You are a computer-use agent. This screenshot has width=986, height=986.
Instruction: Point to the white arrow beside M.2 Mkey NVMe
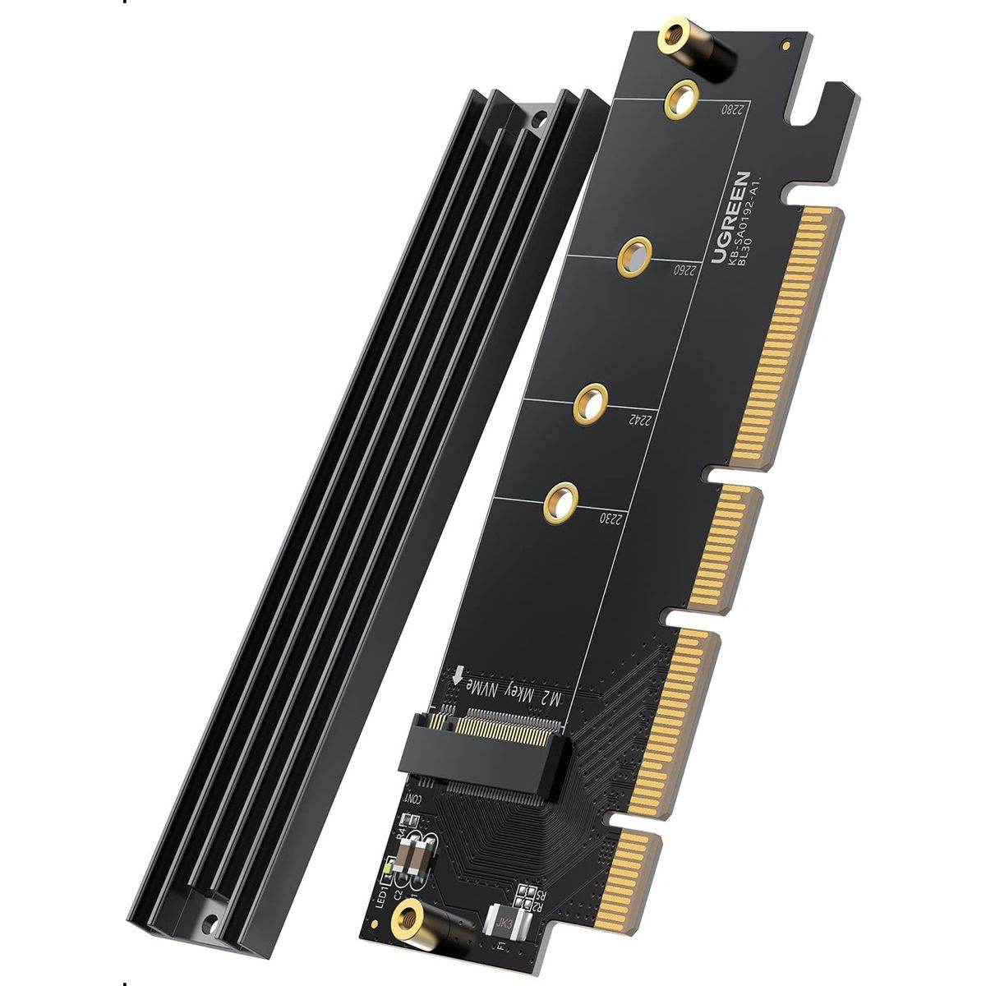[x=458, y=676]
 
